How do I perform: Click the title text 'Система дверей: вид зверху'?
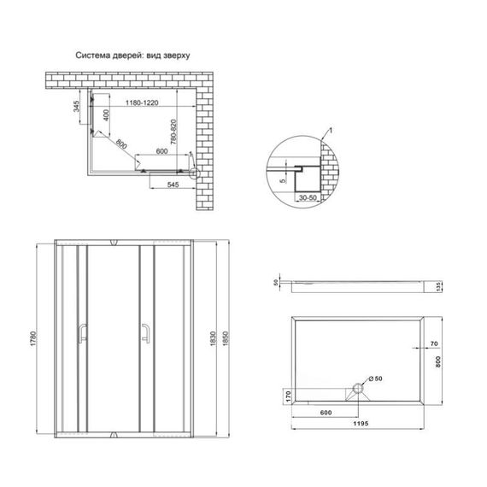tap(133, 54)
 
